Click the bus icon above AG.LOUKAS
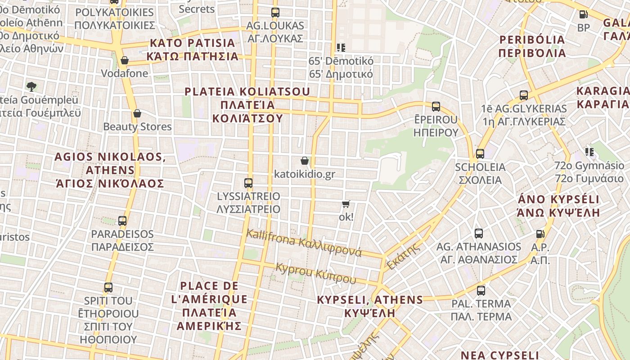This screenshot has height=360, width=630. (x=275, y=13)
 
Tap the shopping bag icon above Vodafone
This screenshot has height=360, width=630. (x=125, y=60)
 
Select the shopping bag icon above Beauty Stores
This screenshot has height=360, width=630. (x=137, y=113)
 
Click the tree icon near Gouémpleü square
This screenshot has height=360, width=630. (x=31, y=86)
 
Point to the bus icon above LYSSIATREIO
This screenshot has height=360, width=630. (x=248, y=183)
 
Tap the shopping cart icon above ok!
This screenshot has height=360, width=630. (x=346, y=204)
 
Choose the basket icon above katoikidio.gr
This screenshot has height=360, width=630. (x=305, y=161)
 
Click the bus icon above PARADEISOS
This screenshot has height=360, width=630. (x=122, y=221)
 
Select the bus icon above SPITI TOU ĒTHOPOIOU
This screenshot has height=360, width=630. (x=108, y=288)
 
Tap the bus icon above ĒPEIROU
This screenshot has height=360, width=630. (x=436, y=107)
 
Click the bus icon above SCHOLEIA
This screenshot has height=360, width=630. (x=480, y=154)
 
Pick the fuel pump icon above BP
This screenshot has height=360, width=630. (x=583, y=14)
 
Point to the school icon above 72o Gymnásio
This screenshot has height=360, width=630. (x=589, y=152)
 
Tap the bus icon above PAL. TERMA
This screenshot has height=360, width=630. (x=481, y=291)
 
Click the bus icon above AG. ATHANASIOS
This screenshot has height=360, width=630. (x=478, y=234)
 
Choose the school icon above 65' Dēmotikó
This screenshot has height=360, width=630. (x=341, y=47)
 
